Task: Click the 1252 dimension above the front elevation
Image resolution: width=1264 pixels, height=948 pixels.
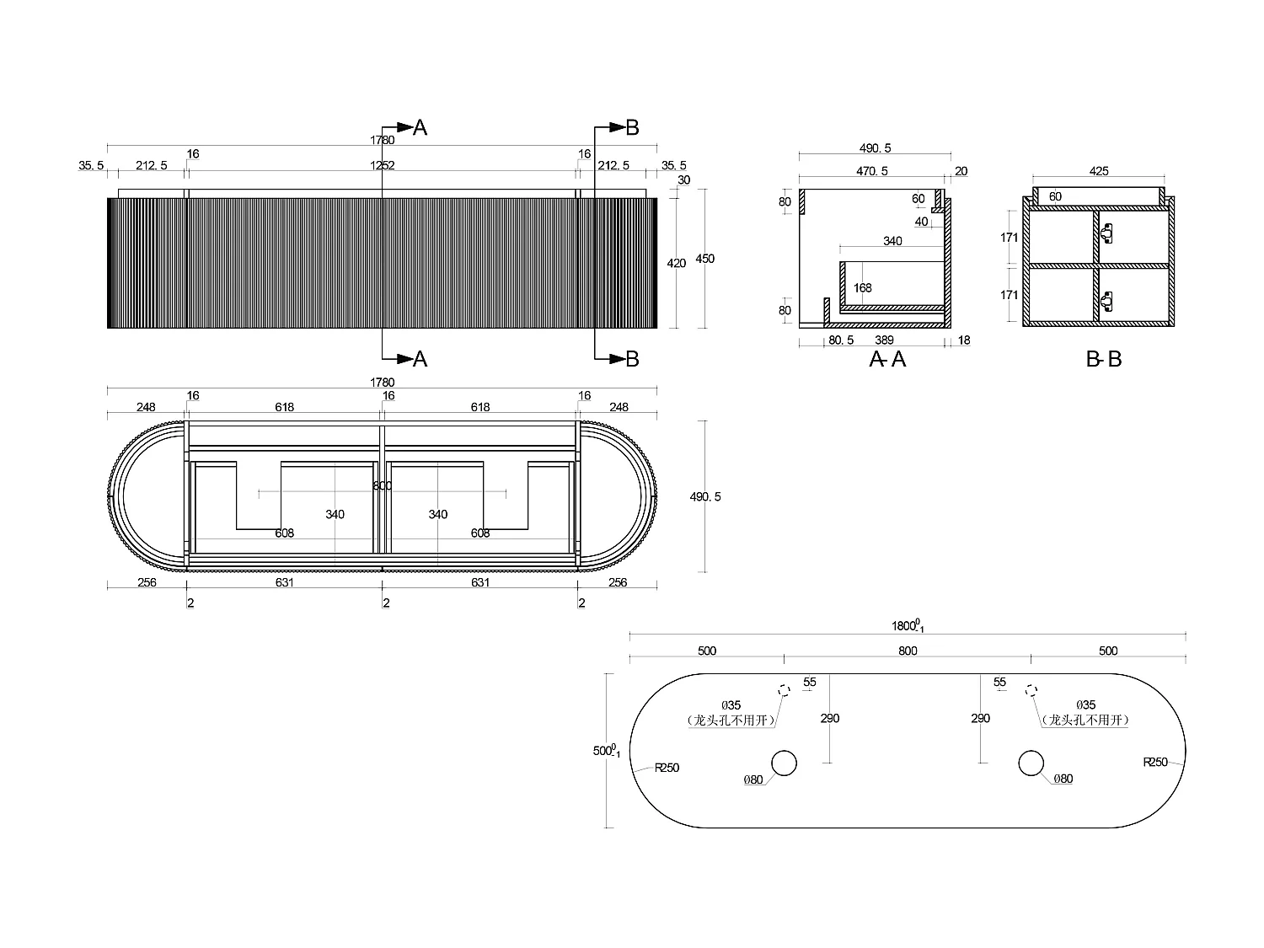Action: pyautogui.click(x=383, y=166)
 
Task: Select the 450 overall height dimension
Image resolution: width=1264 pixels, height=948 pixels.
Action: pyautogui.click(x=704, y=259)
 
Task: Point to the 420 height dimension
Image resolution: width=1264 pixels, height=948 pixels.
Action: pyautogui.click(x=677, y=264)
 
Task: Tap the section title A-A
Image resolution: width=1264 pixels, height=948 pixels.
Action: pyautogui.click(x=887, y=360)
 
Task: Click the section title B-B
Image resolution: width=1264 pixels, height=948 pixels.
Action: pyautogui.click(x=1104, y=360)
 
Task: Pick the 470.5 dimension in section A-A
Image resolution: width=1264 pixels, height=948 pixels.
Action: pyautogui.click(x=872, y=171)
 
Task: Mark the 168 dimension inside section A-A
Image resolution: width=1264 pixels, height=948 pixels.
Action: pyautogui.click(x=862, y=288)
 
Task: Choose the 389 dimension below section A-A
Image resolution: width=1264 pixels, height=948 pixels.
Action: pyautogui.click(x=884, y=340)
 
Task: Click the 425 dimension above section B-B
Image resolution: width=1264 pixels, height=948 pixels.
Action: pyautogui.click(x=1099, y=171)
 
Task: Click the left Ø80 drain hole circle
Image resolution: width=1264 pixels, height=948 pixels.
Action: pyautogui.click(x=784, y=763)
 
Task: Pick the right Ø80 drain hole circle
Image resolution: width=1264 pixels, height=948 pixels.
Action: pyautogui.click(x=1031, y=763)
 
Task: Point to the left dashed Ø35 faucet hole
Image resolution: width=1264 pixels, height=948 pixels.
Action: pyautogui.click(x=784, y=690)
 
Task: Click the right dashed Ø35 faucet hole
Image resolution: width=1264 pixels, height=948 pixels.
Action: pyautogui.click(x=1031, y=690)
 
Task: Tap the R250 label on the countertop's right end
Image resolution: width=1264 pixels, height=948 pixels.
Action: pyautogui.click(x=1155, y=762)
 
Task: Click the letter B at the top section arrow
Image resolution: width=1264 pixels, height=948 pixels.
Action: pyautogui.click(x=632, y=128)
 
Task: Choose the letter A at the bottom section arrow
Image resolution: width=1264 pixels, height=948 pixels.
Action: pyautogui.click(x=420, y=360)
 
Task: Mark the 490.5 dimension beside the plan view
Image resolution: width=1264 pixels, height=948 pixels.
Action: pyautogui.click(x=705, y=497)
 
